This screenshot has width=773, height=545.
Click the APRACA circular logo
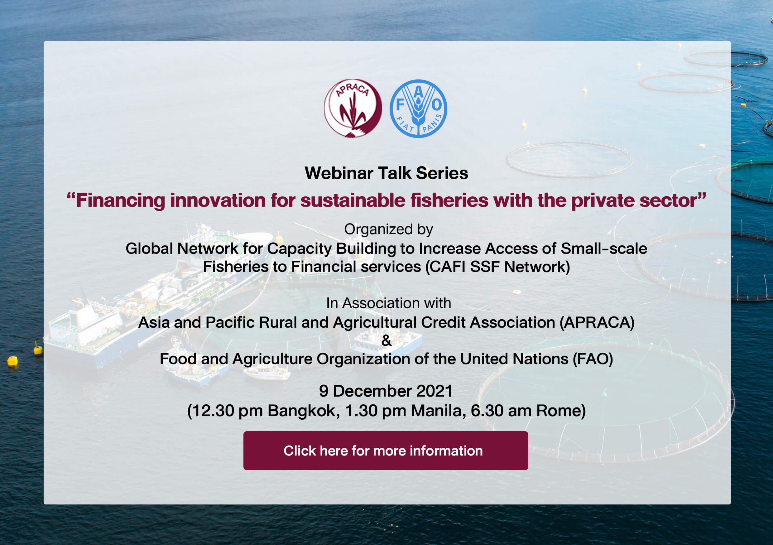(353, 109)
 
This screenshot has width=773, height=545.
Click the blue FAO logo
(419, 109)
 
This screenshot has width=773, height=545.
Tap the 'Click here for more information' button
(386, 451)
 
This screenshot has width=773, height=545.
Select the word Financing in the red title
(121, 200)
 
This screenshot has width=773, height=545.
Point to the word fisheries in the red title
(449, 200)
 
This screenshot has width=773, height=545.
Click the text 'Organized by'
(388, 230)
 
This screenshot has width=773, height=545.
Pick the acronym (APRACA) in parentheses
(597, 322)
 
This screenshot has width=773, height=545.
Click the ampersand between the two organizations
(386, 340)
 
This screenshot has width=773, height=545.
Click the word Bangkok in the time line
(304, 411)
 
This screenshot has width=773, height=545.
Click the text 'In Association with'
(388, 303)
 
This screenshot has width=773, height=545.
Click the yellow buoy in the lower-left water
(12, 361)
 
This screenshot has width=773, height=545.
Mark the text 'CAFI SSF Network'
(497, 267)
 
